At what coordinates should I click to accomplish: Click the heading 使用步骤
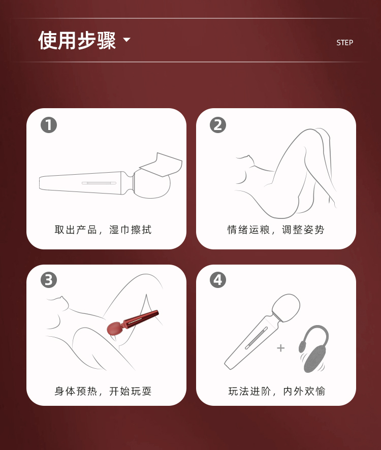pyautogui.click(x=77, y=40)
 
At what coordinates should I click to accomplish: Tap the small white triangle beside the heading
pyautogui.click(x=126, y=40)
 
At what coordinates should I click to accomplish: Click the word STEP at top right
pyautogui.click(x=344, y=43)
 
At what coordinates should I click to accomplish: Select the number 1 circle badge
pyautogui.click(x=49, y=125)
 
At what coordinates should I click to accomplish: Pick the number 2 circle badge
pyautogui.click(x=218, y=125)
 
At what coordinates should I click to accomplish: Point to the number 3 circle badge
pyautogui.click(x=49, y=280)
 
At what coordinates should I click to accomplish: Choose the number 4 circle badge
pyautogui.click(x=218, y=280)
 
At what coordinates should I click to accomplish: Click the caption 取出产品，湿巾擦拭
pyautogui.click(x=103, y=230)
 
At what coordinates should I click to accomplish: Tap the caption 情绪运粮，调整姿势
pyautogui.click(x=276, y=230)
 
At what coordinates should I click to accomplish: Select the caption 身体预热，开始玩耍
pyautogui.click(x=103, y=391)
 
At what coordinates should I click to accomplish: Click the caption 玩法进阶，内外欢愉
pyautogui.click(x=277, y=391)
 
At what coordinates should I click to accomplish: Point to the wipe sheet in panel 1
pyautogui.click(x=161, y=165)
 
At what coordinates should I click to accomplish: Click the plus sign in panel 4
pyautogui.click(x=281, y=348)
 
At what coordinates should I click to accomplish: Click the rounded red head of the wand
pyautogui.click(x=115, y=329)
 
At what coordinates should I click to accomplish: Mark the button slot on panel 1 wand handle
pyautogui.click(x=99, y=183)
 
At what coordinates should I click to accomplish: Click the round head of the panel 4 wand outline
pyautogui.click(x=285, y=308)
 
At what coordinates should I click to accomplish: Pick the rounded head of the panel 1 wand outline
pyautogui.click(x=152, y=184)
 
